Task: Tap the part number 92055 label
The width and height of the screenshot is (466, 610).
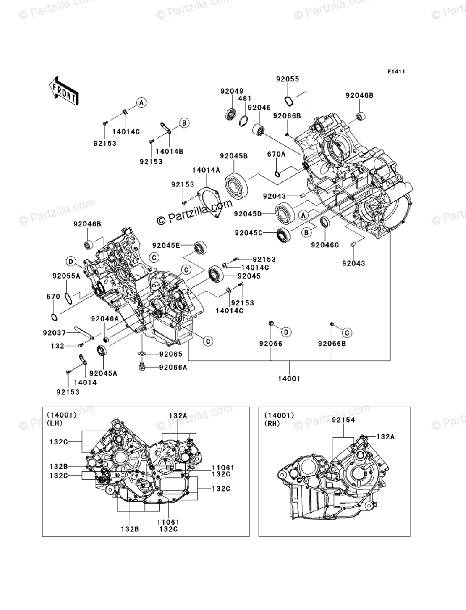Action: click(x=287, y=79)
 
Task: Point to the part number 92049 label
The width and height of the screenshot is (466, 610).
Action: click(x=231, y=91)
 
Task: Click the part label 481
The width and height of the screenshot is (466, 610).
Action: click(x=245, y=99)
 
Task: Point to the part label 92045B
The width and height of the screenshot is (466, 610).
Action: click(x=234, y=156)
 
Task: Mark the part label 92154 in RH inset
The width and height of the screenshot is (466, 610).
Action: click(x=343, y=420)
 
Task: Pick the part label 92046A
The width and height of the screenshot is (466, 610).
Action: click(x=105, y=319)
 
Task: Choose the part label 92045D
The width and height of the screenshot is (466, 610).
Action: click(x=248, y=214)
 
